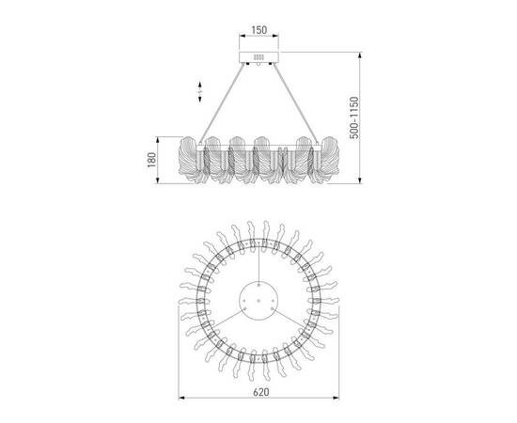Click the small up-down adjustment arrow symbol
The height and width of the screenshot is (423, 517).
198,92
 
